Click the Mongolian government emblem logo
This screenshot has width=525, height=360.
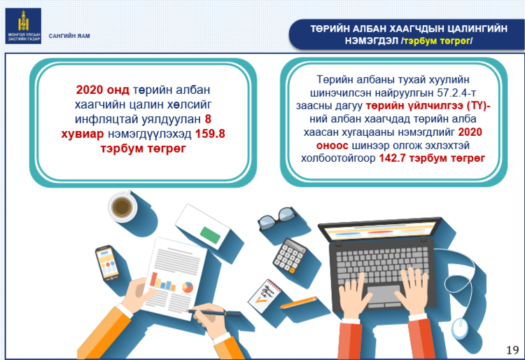[x=23, y=26]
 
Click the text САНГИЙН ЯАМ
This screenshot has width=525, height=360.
[x=69, y=36]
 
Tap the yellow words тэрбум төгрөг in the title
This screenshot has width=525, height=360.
[x=437, y=41]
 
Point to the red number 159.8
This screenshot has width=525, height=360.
[x=210, y=134]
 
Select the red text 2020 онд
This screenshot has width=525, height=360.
[x=102, y=90]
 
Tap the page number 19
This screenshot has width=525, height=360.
[x=512, y=350]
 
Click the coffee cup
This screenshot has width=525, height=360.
[x=122, y=207]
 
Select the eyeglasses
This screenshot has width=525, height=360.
[x=276, y=218]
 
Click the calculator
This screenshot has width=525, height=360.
[x=290, y=256]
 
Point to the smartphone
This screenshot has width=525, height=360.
[x=108, y=263]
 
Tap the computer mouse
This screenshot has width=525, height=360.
[x=460, y=328]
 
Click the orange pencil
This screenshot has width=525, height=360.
[x=298, y=303]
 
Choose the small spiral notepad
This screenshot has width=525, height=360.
[x=265, y=296]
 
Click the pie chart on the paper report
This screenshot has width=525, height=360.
[x=188, y=287]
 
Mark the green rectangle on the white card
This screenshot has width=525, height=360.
[x=210, y=235]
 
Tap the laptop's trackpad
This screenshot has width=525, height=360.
[x=384, y=295]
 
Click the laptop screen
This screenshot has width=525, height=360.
[x=380, y=230]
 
